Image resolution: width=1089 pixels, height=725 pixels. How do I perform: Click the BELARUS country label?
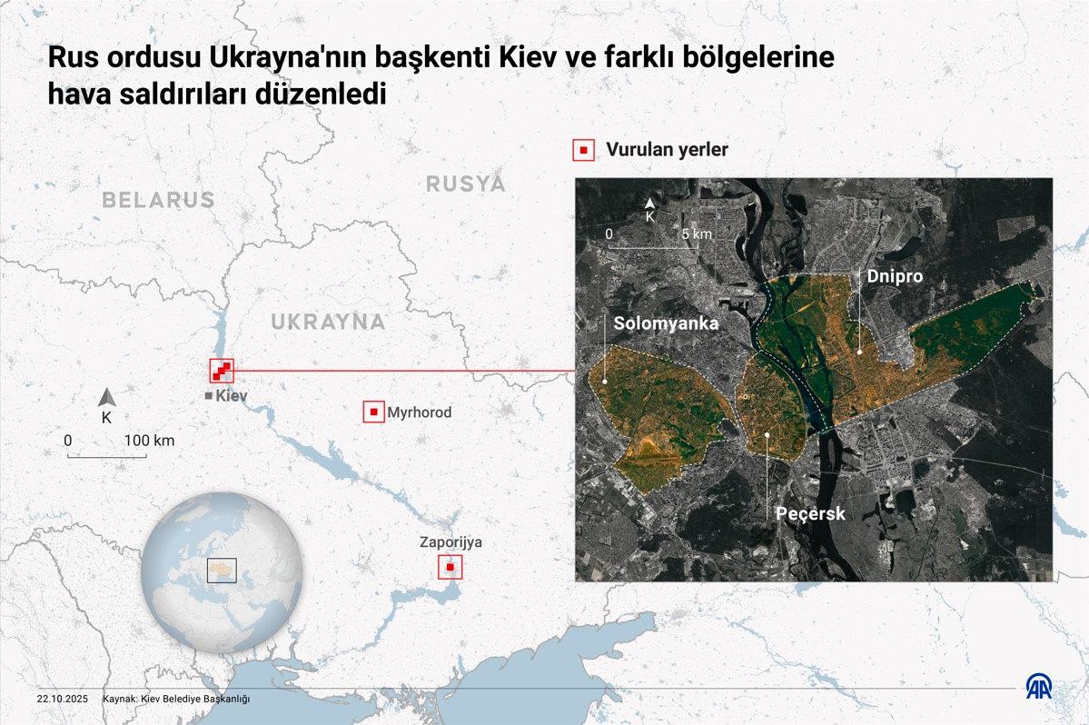point(158,200)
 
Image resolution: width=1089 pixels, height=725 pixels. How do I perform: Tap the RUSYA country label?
point(465,184)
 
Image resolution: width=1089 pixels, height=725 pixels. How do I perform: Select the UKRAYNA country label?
point(328,322)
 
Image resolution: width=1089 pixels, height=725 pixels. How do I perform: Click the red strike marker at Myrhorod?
point(373,412)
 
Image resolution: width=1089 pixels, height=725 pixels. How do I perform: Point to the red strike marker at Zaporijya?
point(450,568)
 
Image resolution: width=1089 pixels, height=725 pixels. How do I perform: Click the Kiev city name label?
point(231,396)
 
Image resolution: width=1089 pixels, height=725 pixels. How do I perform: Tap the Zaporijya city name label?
point(450,542)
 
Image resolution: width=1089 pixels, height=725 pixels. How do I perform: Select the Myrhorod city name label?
point(419,412)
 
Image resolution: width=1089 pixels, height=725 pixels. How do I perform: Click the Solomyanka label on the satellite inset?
point(666,323)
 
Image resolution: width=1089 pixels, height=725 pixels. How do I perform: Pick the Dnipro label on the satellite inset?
point(895,276)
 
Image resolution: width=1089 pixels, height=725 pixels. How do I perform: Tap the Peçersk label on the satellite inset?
point(810,513)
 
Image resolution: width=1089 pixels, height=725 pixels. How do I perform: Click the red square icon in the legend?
point(583,150)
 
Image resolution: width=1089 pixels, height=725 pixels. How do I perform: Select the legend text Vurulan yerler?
point(667,150)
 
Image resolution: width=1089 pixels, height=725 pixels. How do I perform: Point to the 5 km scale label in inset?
point(697,234)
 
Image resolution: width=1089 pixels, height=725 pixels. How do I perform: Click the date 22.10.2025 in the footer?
point(62,699)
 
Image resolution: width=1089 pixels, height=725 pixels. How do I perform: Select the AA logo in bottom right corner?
point(1039,688)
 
